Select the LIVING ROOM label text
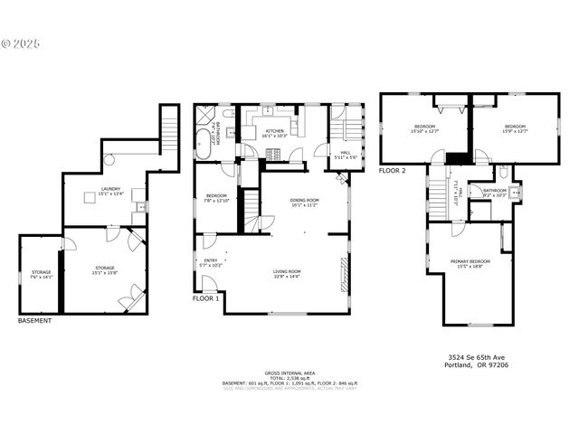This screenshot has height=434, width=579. pyautogui.click(x=287, y=273)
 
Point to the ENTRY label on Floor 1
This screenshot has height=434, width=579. pyautogui.click(x=209, y=263)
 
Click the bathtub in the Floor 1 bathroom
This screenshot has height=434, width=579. pyautogui.click(x=203, y=142)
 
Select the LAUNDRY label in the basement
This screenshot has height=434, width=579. pyautogui.click(x=109, y=191)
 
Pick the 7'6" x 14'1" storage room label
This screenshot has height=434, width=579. pyautogui.click(x=42, y=274)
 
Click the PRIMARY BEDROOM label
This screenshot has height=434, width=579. pyautogui.click(x=470, y=263)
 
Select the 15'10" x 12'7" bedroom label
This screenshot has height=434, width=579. pyautogui.click(x=424, y=128)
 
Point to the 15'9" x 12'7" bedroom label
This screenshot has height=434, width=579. pyautogui.click(x=515, y=128)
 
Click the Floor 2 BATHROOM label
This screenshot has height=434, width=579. pyautogui.click(x=494, y=193)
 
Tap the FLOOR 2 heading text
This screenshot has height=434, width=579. pyautogui.click(x=393, y=170)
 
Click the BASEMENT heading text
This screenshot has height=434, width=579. pyautogui.click(x=34, y=320)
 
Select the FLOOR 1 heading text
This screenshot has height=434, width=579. pyautogui.click(x=205, y=297)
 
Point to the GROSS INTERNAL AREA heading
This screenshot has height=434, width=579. pyautogui.click(x=289, y=373)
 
